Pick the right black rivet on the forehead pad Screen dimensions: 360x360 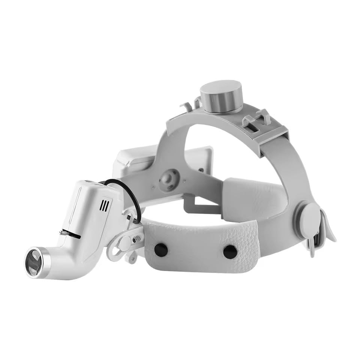click(229, 252)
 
